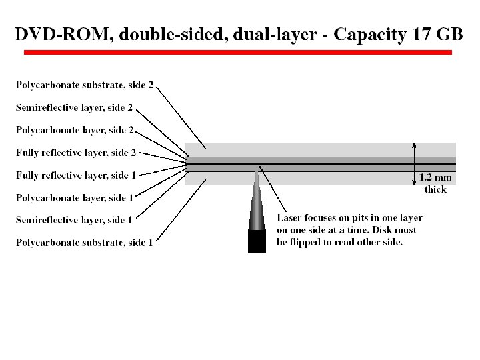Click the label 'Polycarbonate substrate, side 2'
click(x=85, y=85)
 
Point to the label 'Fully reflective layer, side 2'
click(x=76, y=153)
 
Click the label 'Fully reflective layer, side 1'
click(x=76, y=175)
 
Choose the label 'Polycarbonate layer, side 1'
click(x=75, y=198)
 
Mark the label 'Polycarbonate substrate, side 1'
click(x=84, y=243)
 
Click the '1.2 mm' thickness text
click(x=435, y=178)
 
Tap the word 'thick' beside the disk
click(x=435, y=189)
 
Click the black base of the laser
click(x=257, y=241)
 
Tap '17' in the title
click(x=421, y=34)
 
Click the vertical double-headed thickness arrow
click(x=415, y=163)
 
